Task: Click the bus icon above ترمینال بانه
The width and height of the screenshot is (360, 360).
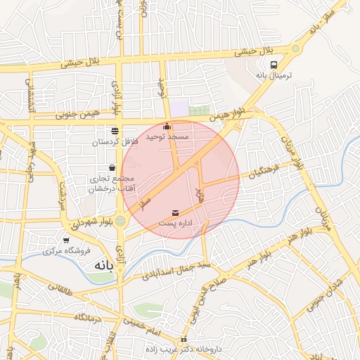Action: tap(274, 63)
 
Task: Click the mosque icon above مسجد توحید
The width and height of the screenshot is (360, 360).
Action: tap(167, 127)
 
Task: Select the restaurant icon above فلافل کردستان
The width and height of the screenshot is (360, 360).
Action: tap(115, 131)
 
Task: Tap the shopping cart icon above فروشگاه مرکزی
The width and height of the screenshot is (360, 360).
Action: tap(67, 240)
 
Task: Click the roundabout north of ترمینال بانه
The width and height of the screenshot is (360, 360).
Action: tap(295, 49)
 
